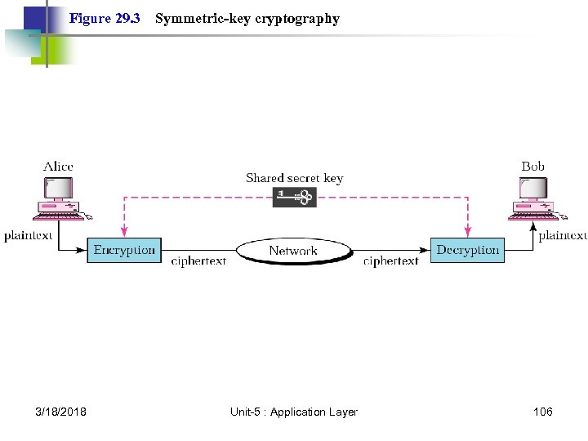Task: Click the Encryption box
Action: click(x=124, y=250)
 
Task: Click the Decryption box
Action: click(x=467, y=250)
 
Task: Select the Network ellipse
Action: click(x=293, y=250)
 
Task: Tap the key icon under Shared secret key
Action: click(x=294, y=197)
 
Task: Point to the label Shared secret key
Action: click(x=294, y=178)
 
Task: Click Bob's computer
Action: click(x=532, y=199)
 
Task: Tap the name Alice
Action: click(x=58, y=167)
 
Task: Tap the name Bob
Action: click(x=532, y=167)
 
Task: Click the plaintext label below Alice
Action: click(x=28, y=235)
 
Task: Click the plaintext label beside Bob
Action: click(x=562, y=235)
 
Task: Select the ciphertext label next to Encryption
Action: click(x=198, y=261)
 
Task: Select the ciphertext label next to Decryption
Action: click(x=390, y=261)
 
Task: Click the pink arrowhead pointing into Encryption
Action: click(x=124, y=233)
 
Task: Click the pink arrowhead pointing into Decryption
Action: click(x=468, y=233)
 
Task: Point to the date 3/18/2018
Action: click(x=61, y=412)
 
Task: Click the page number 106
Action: click(x=542, y=412)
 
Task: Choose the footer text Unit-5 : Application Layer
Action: click(x=294, y=412)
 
